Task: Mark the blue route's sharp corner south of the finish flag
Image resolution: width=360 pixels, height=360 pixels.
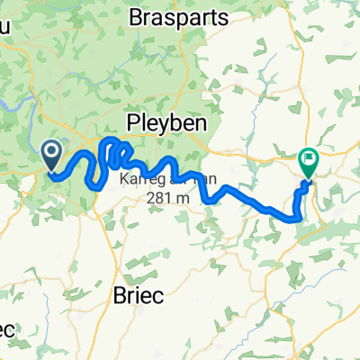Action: [298, 217]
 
